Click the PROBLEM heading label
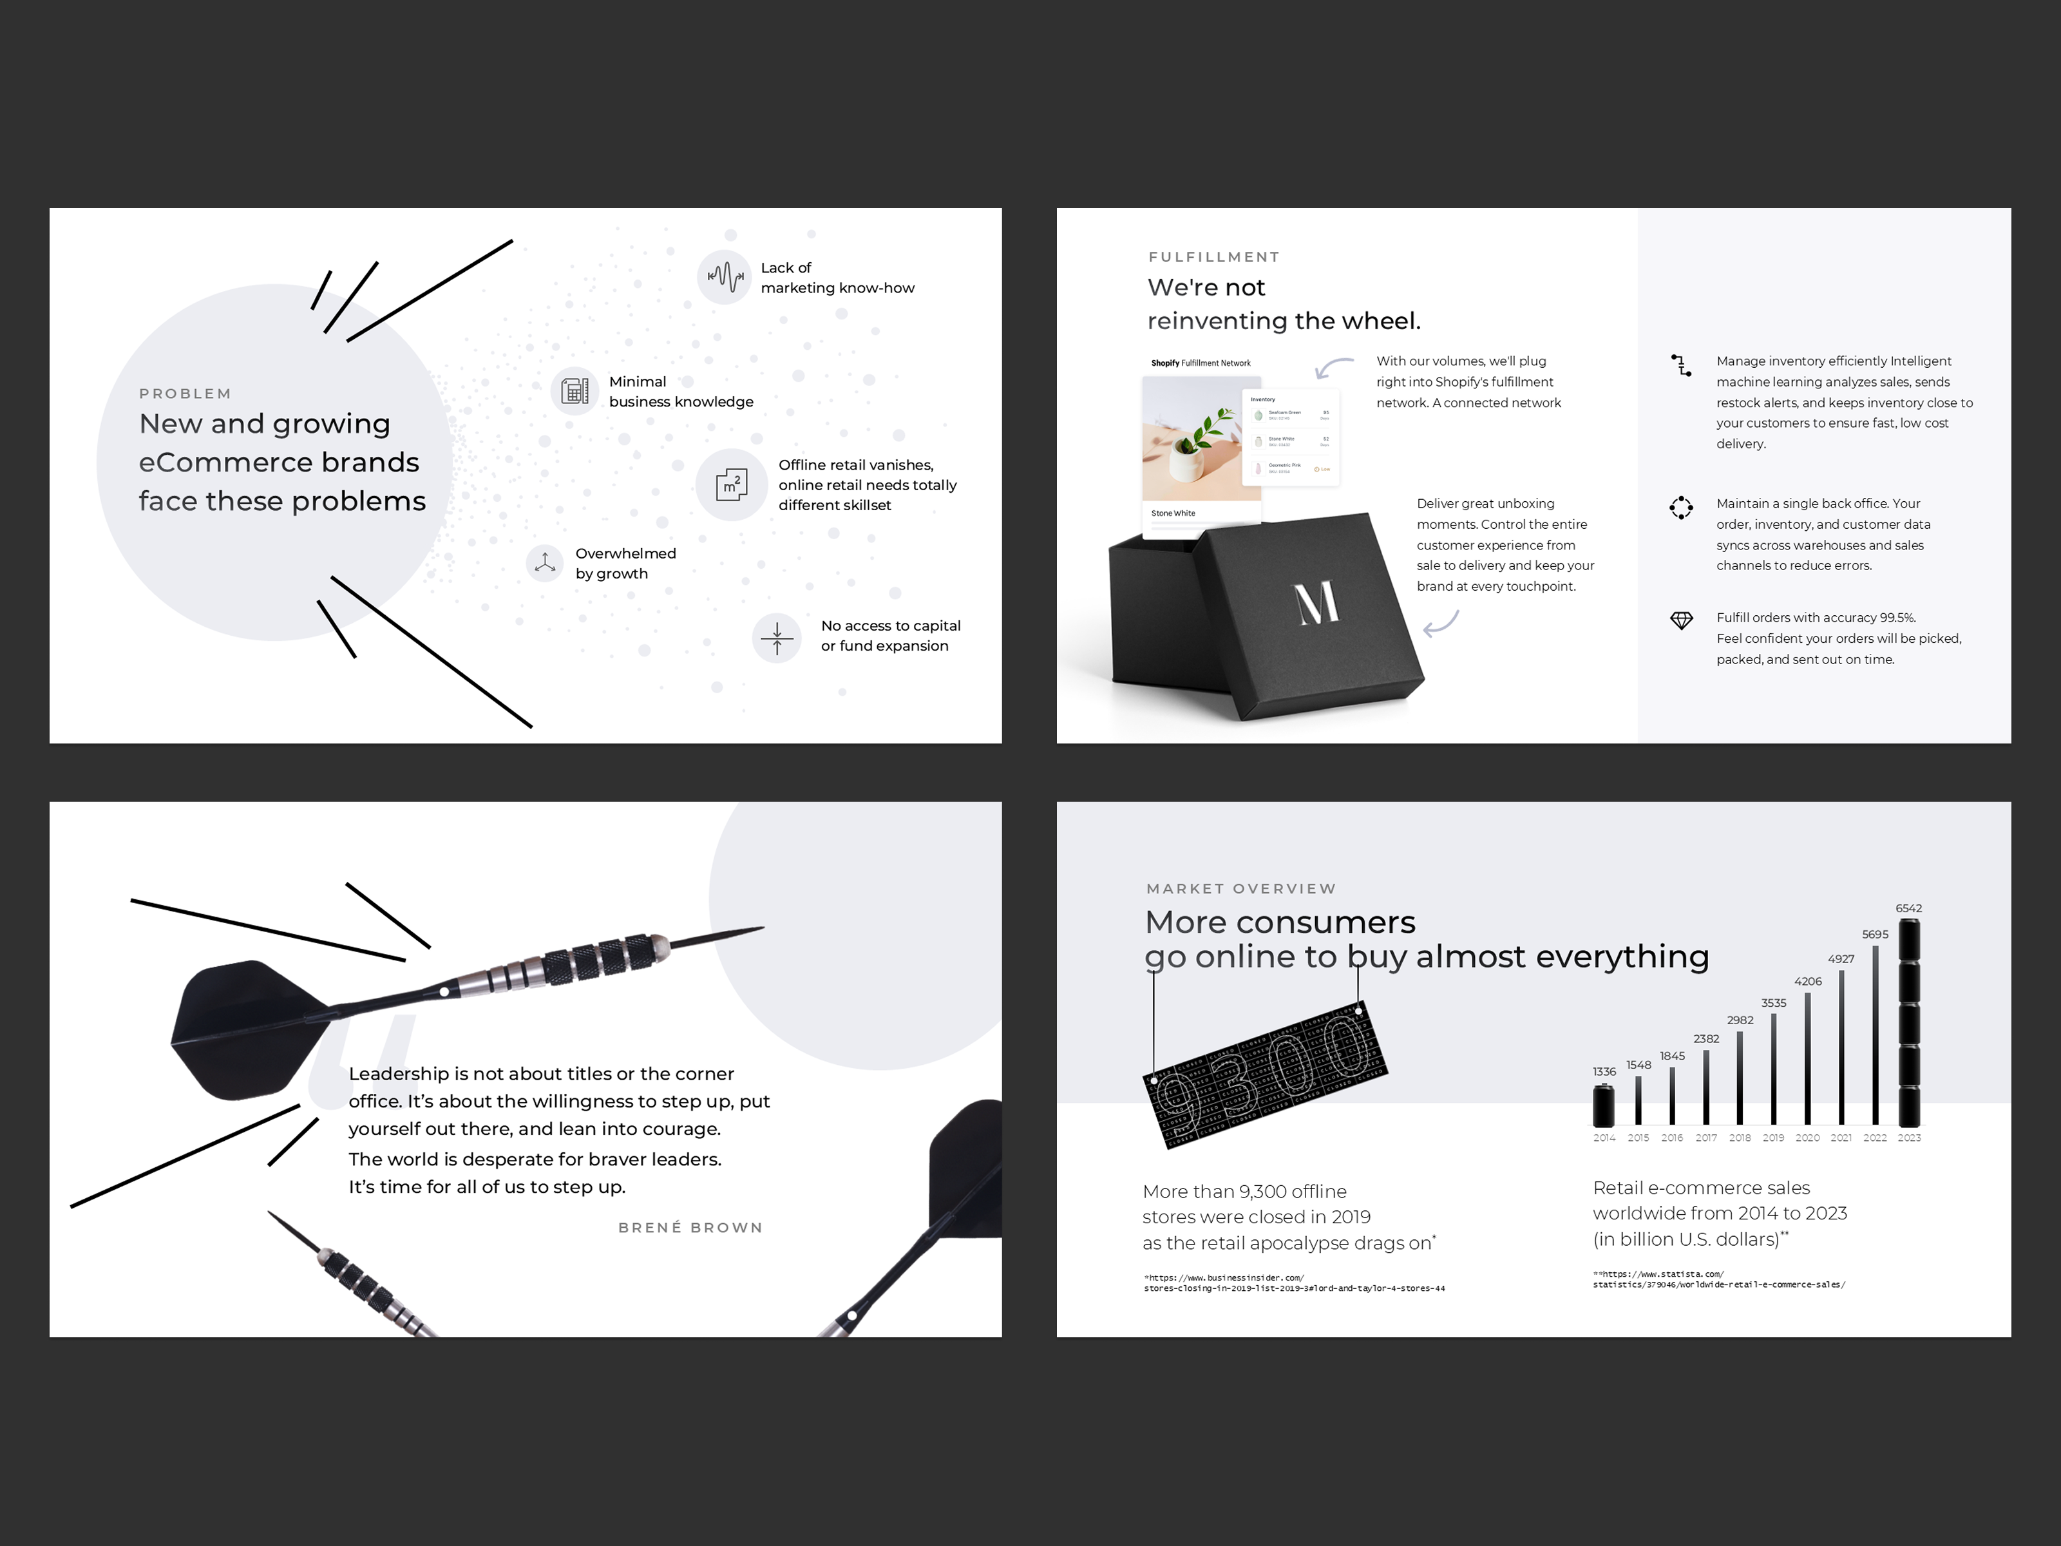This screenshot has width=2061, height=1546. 184,393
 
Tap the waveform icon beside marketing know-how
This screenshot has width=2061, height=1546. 724,277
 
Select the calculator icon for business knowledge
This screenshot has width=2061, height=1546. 574,390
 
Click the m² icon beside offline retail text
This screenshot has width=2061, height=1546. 732,484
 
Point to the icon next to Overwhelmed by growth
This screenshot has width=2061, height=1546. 545,563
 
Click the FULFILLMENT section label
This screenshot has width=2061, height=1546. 1214,257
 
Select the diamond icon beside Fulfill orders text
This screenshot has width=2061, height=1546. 1681,620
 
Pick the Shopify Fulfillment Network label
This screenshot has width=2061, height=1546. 1200,363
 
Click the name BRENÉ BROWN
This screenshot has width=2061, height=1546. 690,1227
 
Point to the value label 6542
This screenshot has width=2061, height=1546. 1908,908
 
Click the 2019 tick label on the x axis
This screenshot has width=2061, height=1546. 1773,1138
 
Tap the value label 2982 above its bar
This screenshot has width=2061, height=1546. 1740,1020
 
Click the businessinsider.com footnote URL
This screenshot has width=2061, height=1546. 1293,1283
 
